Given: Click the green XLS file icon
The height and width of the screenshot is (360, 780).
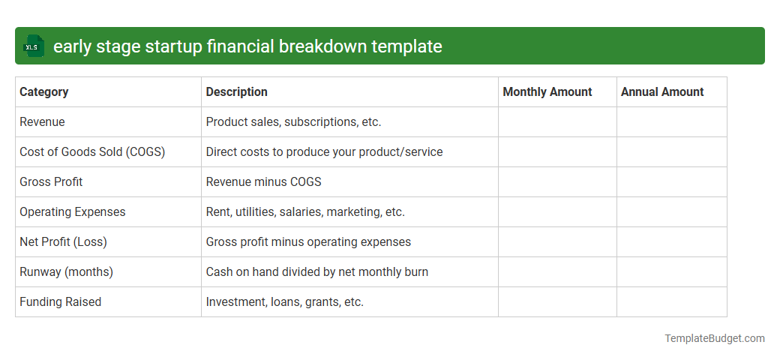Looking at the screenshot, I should [x=33, y=46].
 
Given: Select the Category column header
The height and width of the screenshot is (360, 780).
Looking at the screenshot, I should [x=44, y=92].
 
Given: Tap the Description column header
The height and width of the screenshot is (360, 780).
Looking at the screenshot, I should [x=237, y=92].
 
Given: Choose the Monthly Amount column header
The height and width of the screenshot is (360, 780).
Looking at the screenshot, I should [x=547, y=92].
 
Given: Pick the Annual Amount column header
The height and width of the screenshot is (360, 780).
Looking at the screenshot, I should [x=662, y=92].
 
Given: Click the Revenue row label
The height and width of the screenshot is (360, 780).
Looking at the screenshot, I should [x=43, y=122].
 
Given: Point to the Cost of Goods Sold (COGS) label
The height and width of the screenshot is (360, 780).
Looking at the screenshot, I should [x=92, y=152].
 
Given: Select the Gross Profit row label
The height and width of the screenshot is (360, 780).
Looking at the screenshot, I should [x=51, y=182].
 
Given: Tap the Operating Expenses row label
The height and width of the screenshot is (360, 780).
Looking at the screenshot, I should [x=73, y=212].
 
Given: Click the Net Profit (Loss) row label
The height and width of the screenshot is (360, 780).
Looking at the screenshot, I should [x=63, y=242].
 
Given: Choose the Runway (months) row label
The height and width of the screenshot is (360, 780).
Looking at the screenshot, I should [x=66, y=272].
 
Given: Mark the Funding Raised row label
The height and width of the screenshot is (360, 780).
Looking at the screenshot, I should [x=60, y=302].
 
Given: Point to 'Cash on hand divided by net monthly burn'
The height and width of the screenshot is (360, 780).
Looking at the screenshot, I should [x=317, y=272].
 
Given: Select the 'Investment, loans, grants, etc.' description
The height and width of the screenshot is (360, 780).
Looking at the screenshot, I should [x=285, y=302].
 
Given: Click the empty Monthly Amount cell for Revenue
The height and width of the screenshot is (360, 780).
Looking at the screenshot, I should [x=557, y=122].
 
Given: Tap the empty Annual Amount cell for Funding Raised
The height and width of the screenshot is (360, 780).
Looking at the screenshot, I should [x=671, y=302].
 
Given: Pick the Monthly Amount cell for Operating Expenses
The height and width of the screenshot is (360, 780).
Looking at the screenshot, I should [x=557, y=212].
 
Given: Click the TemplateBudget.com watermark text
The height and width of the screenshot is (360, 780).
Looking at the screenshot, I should [x=715, y=338].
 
